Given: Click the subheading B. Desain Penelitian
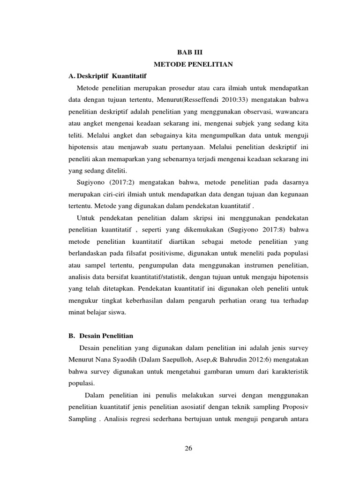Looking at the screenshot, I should (x=101, y=336).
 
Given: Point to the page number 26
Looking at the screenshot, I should (x=188, y=448).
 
